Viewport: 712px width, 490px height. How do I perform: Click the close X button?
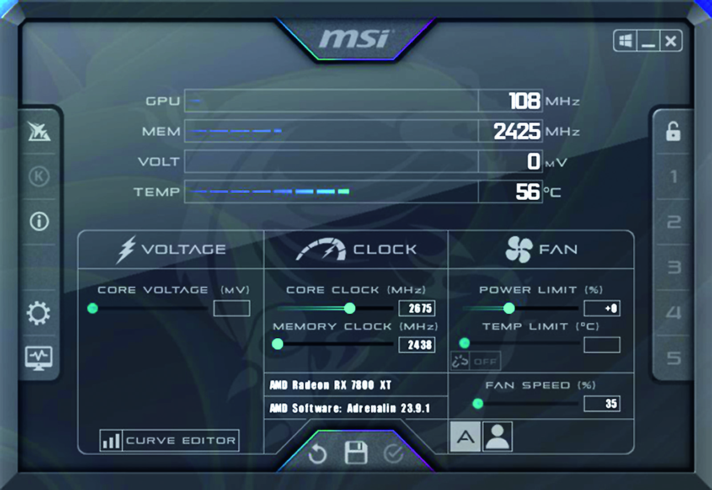click(x=671, y=40)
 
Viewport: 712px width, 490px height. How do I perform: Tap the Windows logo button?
click(x=625, y=40)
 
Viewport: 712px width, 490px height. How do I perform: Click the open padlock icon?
click(x=673, y=131)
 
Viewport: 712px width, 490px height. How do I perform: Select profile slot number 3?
click(x=674, y=267)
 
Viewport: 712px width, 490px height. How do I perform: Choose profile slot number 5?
click(x=674, y=358)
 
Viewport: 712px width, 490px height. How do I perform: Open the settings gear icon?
click(x=38, y=313)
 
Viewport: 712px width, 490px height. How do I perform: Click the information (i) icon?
click(x=40, y=221)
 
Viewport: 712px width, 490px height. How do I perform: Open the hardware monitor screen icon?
click(x=38, y=358)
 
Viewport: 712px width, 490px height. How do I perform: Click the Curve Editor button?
click(x=170, y=441)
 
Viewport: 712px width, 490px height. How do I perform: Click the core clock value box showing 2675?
click(x=417, y=308)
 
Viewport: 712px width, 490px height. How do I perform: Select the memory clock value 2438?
click(x=417, y=344)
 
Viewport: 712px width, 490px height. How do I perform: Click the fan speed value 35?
click(x=602, y=404)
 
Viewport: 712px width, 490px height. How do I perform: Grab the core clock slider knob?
click(x=350, y=308)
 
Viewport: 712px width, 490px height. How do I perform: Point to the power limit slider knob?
click(x=509, y=308)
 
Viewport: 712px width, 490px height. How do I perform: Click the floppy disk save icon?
click(x=356, y=452)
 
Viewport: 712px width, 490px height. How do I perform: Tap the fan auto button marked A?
click(x=465, y=437)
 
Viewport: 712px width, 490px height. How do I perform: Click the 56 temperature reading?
click(x=528, y=192)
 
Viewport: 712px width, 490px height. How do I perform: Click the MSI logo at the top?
click(x=355, y=39)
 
